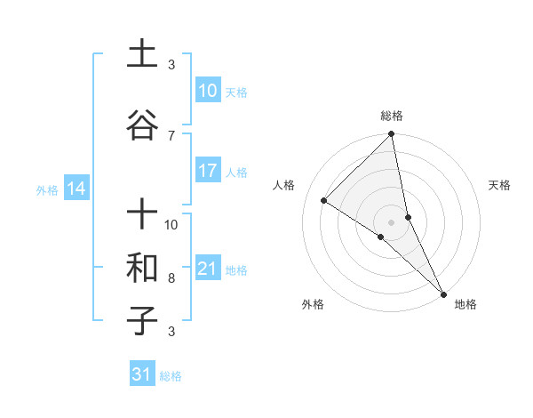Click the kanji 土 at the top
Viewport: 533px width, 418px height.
[x=142, y=55]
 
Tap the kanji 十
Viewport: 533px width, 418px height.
[x=142, y=215]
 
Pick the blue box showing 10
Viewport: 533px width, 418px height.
[x=207, y=91]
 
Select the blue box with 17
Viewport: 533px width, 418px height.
[x=207, y=171]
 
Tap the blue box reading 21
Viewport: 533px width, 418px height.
[x=207, y=269]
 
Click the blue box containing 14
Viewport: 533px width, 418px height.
[x=76, y=189]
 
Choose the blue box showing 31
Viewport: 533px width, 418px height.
[x=141, y=374]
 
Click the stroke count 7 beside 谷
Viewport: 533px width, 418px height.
[x=171, y=136]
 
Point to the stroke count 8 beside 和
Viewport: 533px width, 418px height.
[x=171, y=278]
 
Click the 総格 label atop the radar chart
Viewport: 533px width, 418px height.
[x=392, y=117]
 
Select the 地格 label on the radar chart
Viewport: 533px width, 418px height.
[x=465, y=305]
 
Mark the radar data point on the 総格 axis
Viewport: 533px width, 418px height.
[x=392, y=134]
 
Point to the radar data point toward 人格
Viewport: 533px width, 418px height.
[x=324, y=200]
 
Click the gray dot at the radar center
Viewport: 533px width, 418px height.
[x=392, y=221]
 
